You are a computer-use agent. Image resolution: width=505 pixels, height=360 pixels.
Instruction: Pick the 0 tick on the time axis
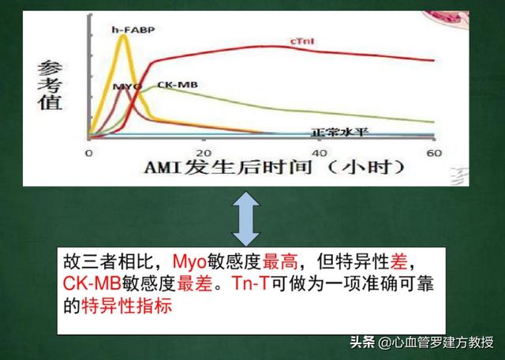click(x=89, y=153)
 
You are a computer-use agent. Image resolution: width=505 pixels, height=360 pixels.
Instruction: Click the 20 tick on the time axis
click(x=204, y=153)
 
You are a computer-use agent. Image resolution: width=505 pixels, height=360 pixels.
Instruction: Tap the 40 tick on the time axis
click(x=319, y=153)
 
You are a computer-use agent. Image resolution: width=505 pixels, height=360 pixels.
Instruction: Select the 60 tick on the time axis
click(x=432, y=153)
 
